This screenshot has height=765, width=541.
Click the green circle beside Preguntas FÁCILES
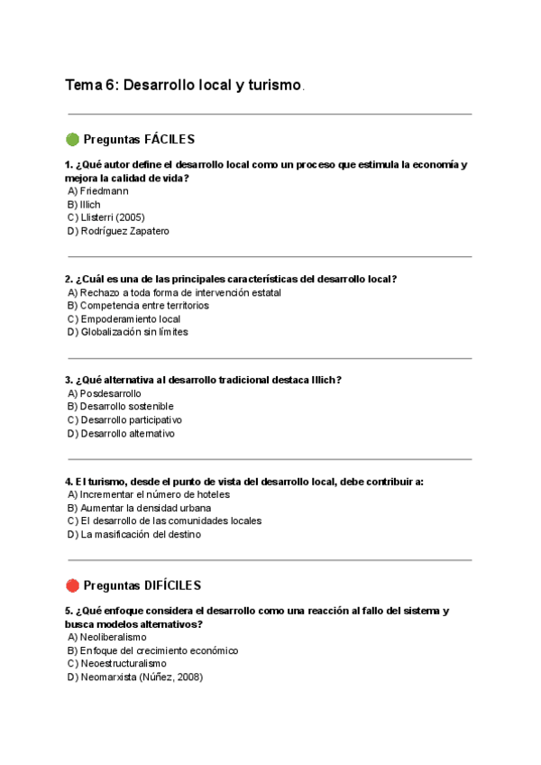(72, 140)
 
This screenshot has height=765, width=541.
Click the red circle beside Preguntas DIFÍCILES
(72, 585)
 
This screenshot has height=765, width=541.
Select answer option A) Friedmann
(97, 191)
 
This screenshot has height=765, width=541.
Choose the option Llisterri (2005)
(105, 217)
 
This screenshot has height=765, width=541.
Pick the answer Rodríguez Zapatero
(118, 231)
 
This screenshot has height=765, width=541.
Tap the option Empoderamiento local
(124, 318)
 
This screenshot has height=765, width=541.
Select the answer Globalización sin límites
(127, 332)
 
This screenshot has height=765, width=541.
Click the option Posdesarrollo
(104, 393)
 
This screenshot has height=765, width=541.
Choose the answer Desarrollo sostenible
(120, 407)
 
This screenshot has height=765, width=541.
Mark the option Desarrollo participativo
(124, 420)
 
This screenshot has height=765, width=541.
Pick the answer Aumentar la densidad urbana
(133, 508)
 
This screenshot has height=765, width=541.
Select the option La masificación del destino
(133, 534)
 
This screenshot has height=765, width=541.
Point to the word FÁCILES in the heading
(170, 140)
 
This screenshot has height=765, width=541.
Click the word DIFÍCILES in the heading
(172, 585)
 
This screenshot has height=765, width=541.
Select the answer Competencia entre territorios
(137, 306)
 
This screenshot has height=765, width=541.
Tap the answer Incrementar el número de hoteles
(148, 494)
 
